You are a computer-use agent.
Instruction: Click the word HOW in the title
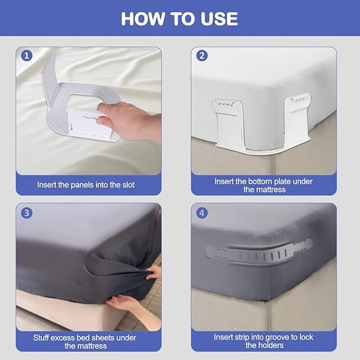tap(143, 19)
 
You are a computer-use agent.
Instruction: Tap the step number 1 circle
tap(26, 56)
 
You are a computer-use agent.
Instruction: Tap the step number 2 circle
tap(202, 56)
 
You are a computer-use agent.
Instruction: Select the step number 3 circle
tap(26, 213)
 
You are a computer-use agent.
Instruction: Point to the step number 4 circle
tap(202, 213)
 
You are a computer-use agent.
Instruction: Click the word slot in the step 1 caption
tap(127, 185)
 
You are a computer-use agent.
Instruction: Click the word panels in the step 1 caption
tap(82, 185)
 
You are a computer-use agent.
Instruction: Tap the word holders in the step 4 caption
tap(271, 346)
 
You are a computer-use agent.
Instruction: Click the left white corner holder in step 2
tap(227, 122)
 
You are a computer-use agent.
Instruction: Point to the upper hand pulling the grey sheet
tap(154, 272)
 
